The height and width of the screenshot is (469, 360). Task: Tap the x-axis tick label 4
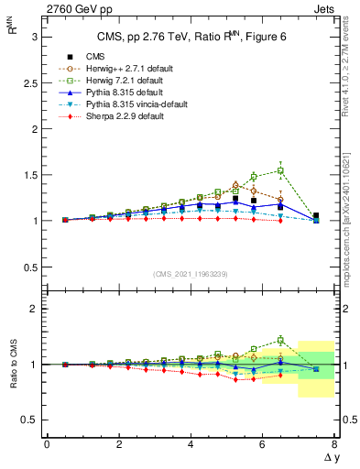click(x=190, y=444)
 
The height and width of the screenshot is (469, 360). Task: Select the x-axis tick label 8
click(x=333, y=444)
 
